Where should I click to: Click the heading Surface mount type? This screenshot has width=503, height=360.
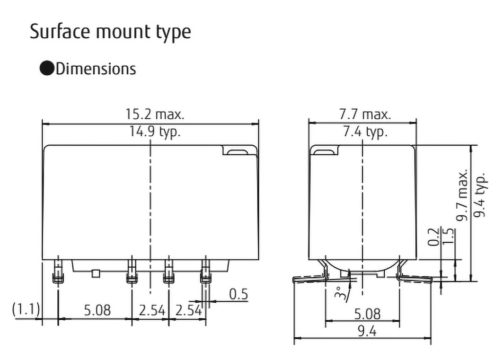pyautogui.click(x=110, y=31)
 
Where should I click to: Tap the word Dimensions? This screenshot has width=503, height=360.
pyautogui.click(x=96, y=69)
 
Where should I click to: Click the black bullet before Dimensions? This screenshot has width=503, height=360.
pyautogui.click(x=47, y=69)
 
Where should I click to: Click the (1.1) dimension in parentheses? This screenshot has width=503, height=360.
pyautogui.click(x=26, y=310)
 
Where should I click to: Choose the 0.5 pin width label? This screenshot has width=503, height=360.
pyautogui.click(x=238, y=294)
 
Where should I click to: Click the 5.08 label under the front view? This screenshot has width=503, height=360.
pyautogui.click(x=97, y=310)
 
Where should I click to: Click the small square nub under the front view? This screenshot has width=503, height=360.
pyautogui.click(x=96, y=272)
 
